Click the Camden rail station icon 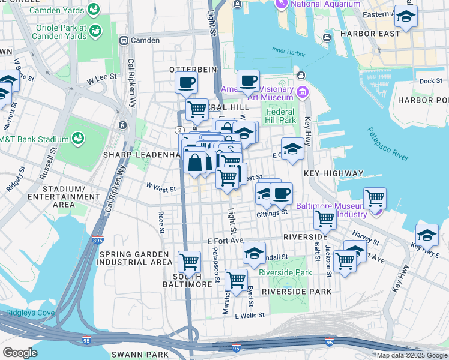[124, 41]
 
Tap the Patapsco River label [388, 144]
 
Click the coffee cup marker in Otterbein [187, 82]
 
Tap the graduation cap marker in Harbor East [406, 16]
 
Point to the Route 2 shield [179, 130]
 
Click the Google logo [20, 352]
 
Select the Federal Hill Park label [280, 116]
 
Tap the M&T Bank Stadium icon [78, 139]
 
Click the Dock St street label [430, 81]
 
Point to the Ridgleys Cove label [25, 313]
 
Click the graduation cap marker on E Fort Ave [255, 253]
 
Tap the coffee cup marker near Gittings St [281, 193]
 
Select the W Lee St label [101, 79]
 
